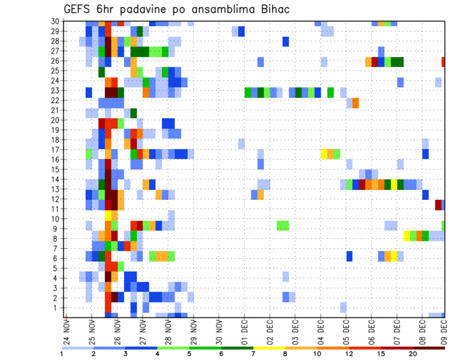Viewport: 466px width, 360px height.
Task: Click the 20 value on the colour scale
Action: (x=413, y=354)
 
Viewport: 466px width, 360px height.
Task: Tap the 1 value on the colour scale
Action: (x=62, y=354)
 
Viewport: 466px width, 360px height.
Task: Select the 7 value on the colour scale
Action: (x=253, y=354)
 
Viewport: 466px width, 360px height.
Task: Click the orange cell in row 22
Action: (x=356, y=103)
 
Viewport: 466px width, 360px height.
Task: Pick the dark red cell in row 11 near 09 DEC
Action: (x=438, y=204)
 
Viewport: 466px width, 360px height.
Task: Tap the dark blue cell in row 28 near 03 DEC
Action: (x=286, y=42)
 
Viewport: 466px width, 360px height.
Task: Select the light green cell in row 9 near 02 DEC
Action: (x=283, y=226)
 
